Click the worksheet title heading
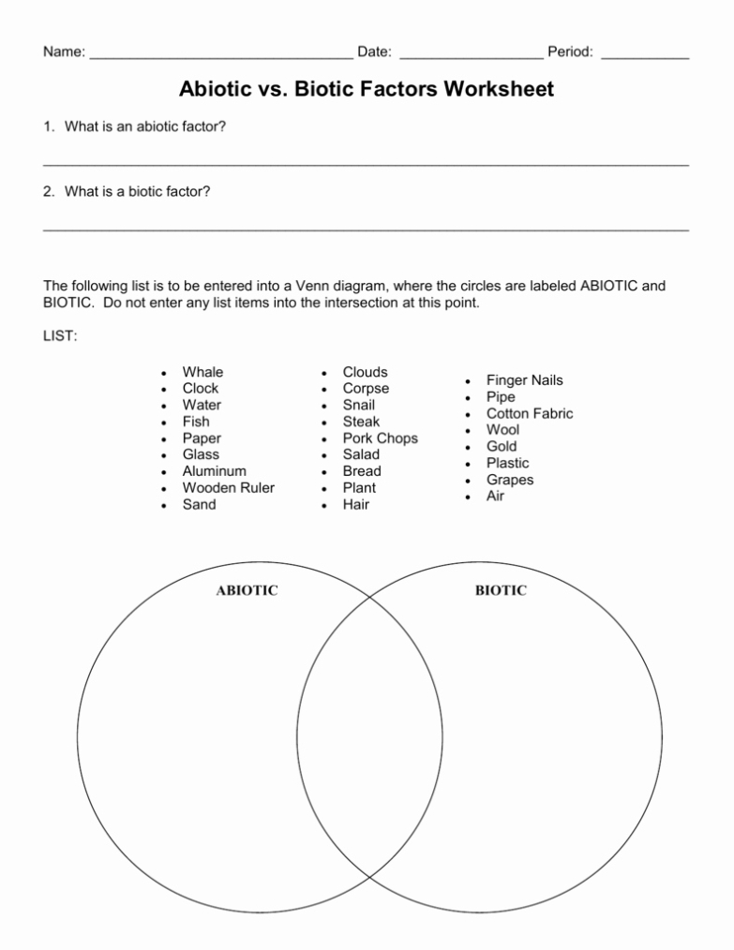(x=367, y=90)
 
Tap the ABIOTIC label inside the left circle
(x=247, y=590)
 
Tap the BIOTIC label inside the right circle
(x=501, y=590)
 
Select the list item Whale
(x=202, y=372)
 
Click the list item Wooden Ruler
(x=228, y=488)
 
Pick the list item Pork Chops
(x=380, y=438)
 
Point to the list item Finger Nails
(x=524, y=380)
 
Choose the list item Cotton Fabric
(x=529, y=413)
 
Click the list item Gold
(x=501, y=447)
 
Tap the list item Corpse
(x=366, y=389)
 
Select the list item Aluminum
(x=214, y=471)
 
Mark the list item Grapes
(x=509, y=480)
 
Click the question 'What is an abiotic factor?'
(x=144, y=126)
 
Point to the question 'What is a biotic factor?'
(x=137, y=191)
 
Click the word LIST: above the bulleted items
(x=60, y=336)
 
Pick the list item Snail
(x=358, y=405)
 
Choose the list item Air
(x=495, y=496)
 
